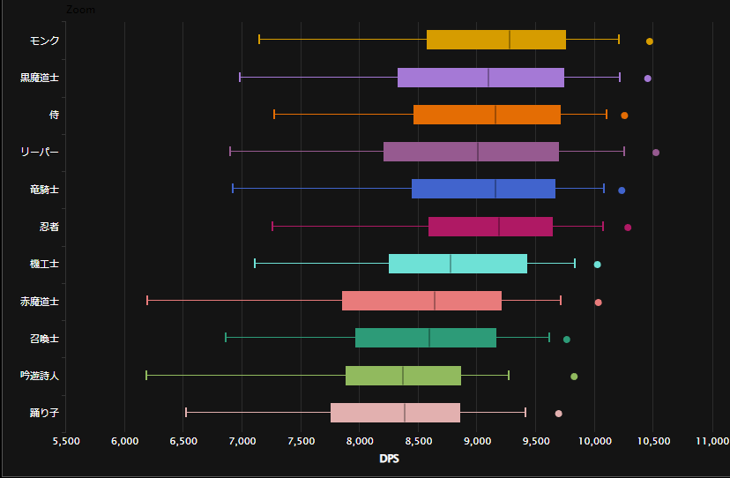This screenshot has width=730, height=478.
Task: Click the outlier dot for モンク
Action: (x=650, y=41)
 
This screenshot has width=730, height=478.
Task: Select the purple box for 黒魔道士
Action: (x=480, y=78)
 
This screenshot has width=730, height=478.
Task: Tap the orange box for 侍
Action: (x=487, y=115)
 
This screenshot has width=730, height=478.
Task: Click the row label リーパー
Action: (x=40, y=153)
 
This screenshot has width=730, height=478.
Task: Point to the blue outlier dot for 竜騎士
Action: (x=622, y=190)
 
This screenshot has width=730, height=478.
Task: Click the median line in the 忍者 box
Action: (x=499, y=227)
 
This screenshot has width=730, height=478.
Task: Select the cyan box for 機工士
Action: (x=458, y=264)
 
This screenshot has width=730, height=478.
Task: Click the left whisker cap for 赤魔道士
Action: (x=147, y=301)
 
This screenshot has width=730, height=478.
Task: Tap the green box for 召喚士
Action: (x=426, y=338)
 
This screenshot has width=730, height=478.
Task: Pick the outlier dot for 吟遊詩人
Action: (x=574, y=377)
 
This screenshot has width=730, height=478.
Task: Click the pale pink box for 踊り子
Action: (x=395, y=413)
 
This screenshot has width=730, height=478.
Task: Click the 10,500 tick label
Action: (x=653, y=441)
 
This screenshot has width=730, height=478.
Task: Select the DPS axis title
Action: (x=389, y=459)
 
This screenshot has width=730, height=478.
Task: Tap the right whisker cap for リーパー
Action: (x=624, y=152)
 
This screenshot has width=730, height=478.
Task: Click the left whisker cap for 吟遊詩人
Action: (x=146, y=376)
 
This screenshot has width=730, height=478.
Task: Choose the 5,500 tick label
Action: (x=66, y=441)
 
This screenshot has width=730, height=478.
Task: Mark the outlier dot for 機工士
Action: (x=597, y=265)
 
